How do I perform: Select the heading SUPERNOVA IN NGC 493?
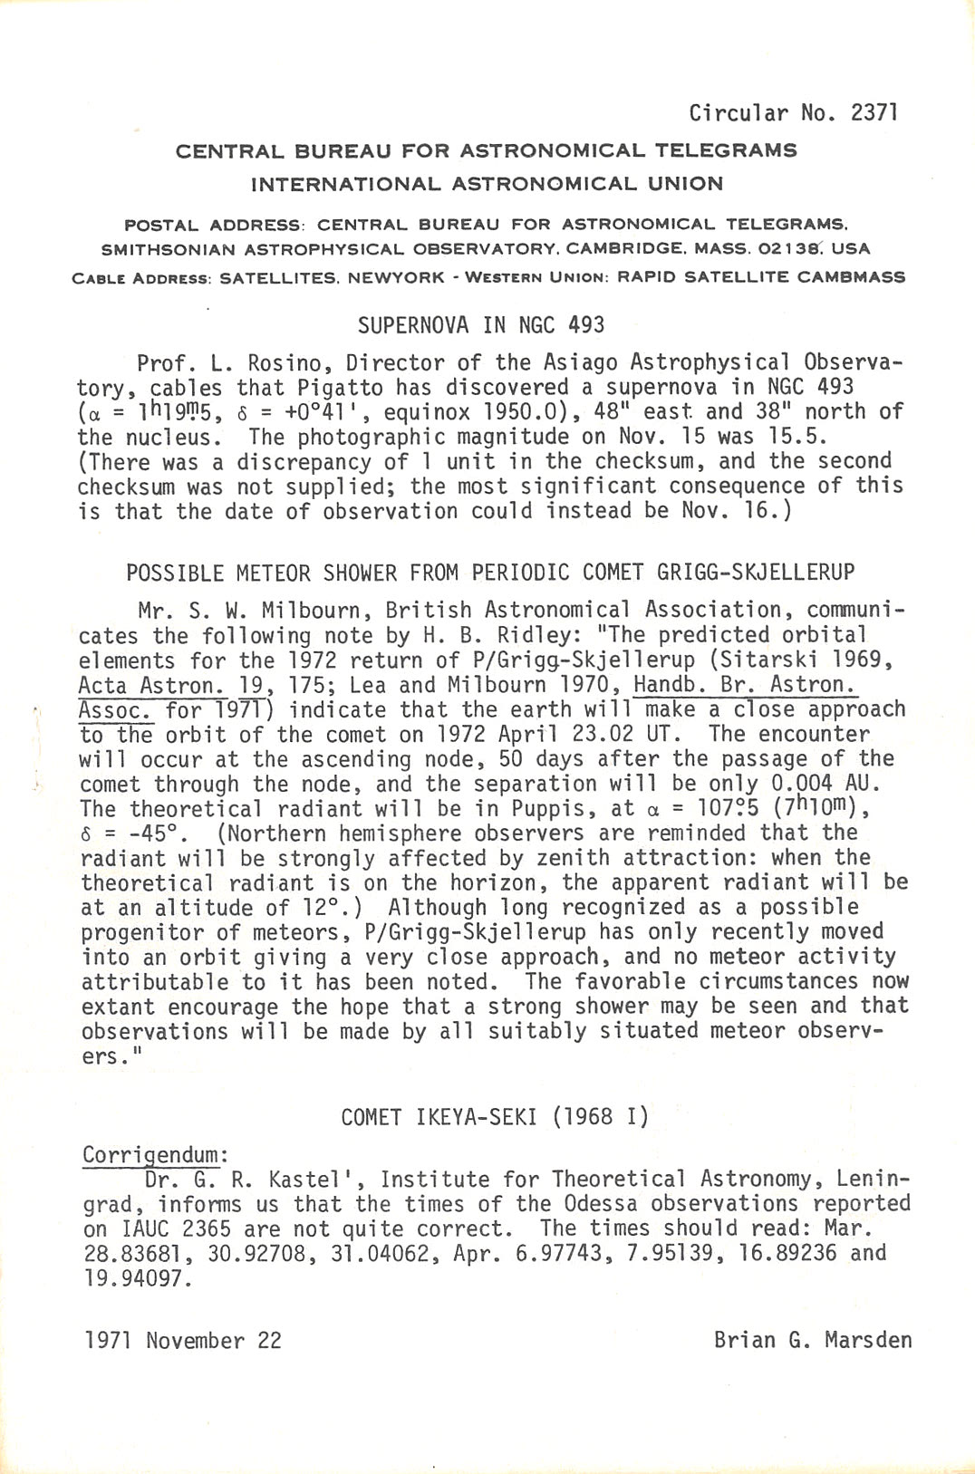pos(480,325)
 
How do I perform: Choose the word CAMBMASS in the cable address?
pos(851,277)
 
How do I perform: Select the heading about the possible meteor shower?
pos(490,573)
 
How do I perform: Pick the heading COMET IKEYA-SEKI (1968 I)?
pos(495,1117)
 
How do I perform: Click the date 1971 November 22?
pos(183,1341)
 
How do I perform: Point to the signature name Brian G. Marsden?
pos(812,1340)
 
